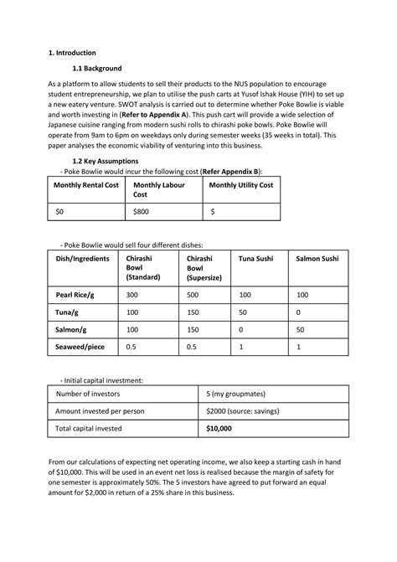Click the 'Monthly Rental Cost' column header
coord(86,185)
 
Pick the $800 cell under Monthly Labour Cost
coord(142,214)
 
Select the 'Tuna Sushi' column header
coord(258,259)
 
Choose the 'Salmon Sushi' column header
coord(317,259)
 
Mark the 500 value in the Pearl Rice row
coord(193,295)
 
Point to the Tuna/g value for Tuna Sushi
coord(244,312)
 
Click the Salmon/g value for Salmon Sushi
coord(301,330)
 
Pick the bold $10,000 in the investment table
coord(219,428)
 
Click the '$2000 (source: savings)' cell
coord(250,410)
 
